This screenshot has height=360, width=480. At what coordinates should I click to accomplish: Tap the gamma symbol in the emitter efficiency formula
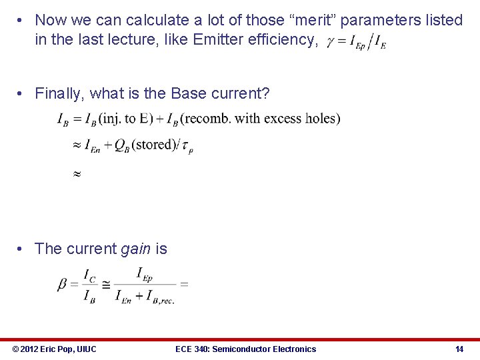[x=331, y=42]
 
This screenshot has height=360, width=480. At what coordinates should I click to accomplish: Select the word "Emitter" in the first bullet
[x=214, y=41]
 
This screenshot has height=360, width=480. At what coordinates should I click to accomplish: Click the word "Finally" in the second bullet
[x=59, y=94]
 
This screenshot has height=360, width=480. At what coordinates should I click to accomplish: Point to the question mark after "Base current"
[x=266, y=94]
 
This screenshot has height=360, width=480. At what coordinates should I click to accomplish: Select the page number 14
[x=459, y=349]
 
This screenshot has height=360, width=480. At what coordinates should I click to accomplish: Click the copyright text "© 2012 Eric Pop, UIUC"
[x=54, y=349]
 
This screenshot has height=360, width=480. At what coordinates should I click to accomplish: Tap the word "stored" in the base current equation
[x=153, y=145]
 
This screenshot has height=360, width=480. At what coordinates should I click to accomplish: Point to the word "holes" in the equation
[x=322, y=119]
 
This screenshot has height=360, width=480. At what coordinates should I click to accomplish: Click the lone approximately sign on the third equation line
[x=76, y=173]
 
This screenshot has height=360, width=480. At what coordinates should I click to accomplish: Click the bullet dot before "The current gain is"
[x=22, y=249]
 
